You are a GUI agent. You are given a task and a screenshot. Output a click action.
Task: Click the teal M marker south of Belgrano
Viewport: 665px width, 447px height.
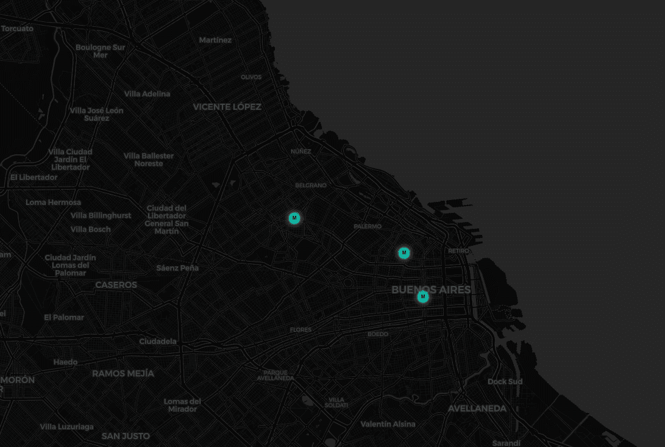tap(294, 218)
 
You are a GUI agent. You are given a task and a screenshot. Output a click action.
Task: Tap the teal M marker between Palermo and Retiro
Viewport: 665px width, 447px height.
tap(404, 252)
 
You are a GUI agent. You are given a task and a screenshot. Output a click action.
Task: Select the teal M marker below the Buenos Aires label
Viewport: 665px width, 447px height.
tap(422, 297)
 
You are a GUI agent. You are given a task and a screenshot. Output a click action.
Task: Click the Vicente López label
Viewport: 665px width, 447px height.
tap(227, 107)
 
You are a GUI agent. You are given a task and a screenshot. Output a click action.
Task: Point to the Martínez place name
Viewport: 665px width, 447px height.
tap(215, 40)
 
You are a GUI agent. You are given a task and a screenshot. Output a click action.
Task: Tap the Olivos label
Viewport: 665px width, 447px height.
tap(251, 77)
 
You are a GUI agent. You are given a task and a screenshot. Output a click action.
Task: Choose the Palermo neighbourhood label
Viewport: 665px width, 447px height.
tap(368, 226)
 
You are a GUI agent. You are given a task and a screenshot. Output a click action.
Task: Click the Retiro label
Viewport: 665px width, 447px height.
tap(458, 251)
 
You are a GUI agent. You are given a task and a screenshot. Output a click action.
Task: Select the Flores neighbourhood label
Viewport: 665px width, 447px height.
tap(300, 330)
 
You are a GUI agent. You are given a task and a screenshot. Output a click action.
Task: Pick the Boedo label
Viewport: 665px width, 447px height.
tap(378, 334)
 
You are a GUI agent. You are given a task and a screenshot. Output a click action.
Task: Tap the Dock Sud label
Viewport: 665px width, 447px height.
tap(505, 382)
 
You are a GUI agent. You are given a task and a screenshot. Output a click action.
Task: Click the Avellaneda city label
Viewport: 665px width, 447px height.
tap(477, 409)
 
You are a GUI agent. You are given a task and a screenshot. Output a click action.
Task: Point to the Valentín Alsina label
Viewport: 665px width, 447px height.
tap(388, 424)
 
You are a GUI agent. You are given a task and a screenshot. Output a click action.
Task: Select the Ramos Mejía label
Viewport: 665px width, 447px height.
tap(123, 373)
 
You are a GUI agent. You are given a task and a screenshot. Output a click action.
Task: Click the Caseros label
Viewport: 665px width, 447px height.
tap(116, 285)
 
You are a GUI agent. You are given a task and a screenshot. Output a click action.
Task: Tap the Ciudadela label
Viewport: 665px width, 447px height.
tap(158, 342)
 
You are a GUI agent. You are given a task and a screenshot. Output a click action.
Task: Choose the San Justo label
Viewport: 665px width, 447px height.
tap(126, 436)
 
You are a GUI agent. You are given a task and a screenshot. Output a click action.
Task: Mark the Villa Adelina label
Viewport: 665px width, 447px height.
tap(147, 94)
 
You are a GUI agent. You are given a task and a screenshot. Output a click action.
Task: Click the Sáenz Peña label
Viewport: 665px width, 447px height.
tap(177, 268)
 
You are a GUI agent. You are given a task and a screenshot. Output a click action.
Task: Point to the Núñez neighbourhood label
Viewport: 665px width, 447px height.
tap(301, 151)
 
